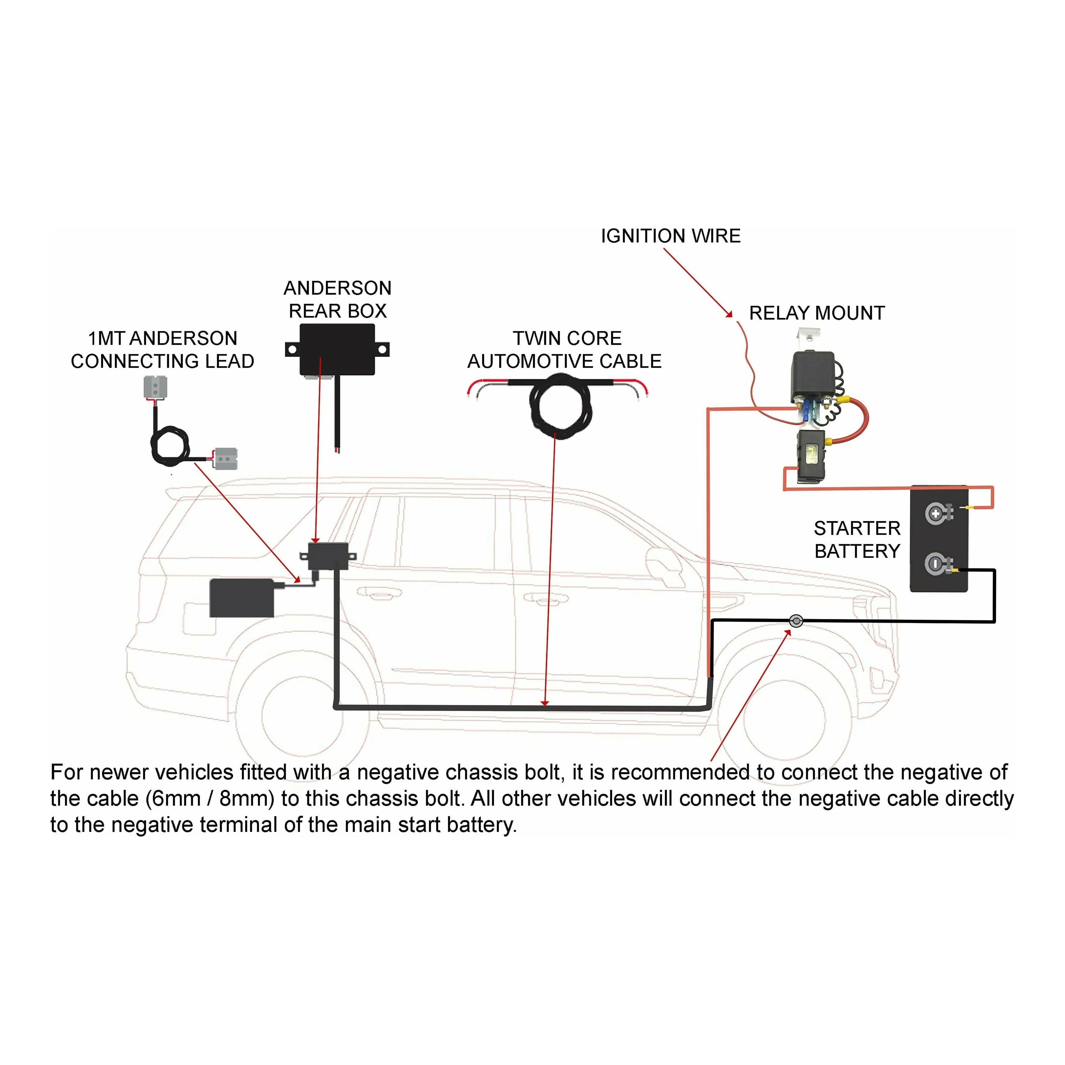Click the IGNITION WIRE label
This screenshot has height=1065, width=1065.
670,236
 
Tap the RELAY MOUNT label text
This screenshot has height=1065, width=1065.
816,313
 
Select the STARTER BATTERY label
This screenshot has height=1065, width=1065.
857,540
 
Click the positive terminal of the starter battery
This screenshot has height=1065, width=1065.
935,514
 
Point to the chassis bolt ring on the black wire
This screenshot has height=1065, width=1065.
796,621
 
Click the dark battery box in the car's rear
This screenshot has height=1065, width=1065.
242,598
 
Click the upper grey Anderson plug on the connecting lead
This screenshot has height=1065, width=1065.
155,387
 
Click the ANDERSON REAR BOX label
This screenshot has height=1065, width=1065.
337,299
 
